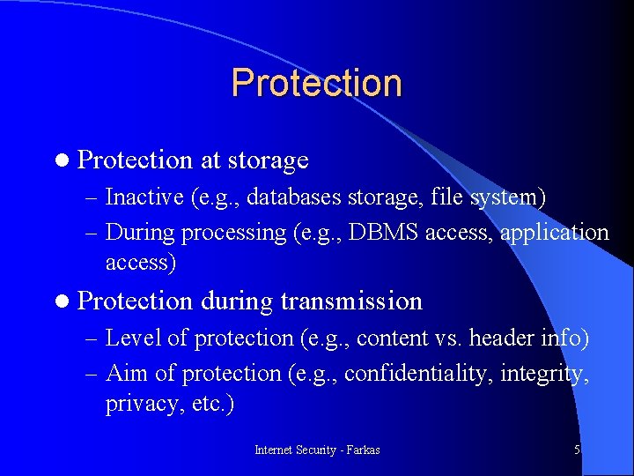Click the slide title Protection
coord(316,83)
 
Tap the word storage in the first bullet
coord(268,160)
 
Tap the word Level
coord(129,338)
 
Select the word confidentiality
coord(418,374)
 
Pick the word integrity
coord(544,374)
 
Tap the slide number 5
coord(577,450)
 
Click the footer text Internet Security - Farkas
coord(317,450)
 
